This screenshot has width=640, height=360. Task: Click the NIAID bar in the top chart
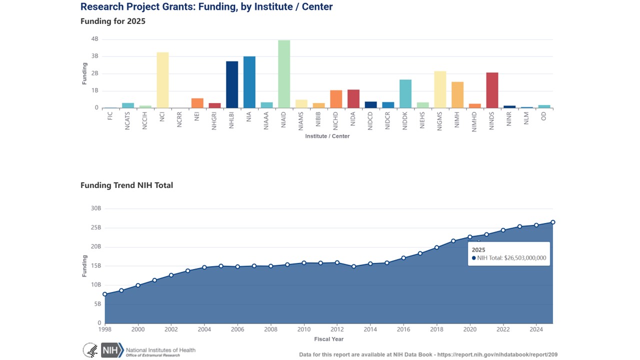284,74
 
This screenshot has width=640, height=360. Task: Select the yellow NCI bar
162,80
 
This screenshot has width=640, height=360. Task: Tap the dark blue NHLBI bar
232,84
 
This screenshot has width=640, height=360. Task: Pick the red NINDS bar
492,90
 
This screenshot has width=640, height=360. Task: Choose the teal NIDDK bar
405,93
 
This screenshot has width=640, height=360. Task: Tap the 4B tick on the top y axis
94,39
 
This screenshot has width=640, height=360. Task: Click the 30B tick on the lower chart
95,208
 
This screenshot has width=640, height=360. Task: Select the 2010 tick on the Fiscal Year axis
304,329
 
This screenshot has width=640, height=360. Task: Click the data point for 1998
104,294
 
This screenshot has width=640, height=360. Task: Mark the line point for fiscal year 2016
403,258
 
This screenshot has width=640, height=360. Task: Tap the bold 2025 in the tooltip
478,249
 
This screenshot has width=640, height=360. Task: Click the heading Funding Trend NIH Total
126,185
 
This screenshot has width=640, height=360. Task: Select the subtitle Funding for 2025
112,21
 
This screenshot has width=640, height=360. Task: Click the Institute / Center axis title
327,136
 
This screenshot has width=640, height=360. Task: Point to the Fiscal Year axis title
328,339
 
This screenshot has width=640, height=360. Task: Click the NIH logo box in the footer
111,350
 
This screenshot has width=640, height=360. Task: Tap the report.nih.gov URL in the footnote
497,354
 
